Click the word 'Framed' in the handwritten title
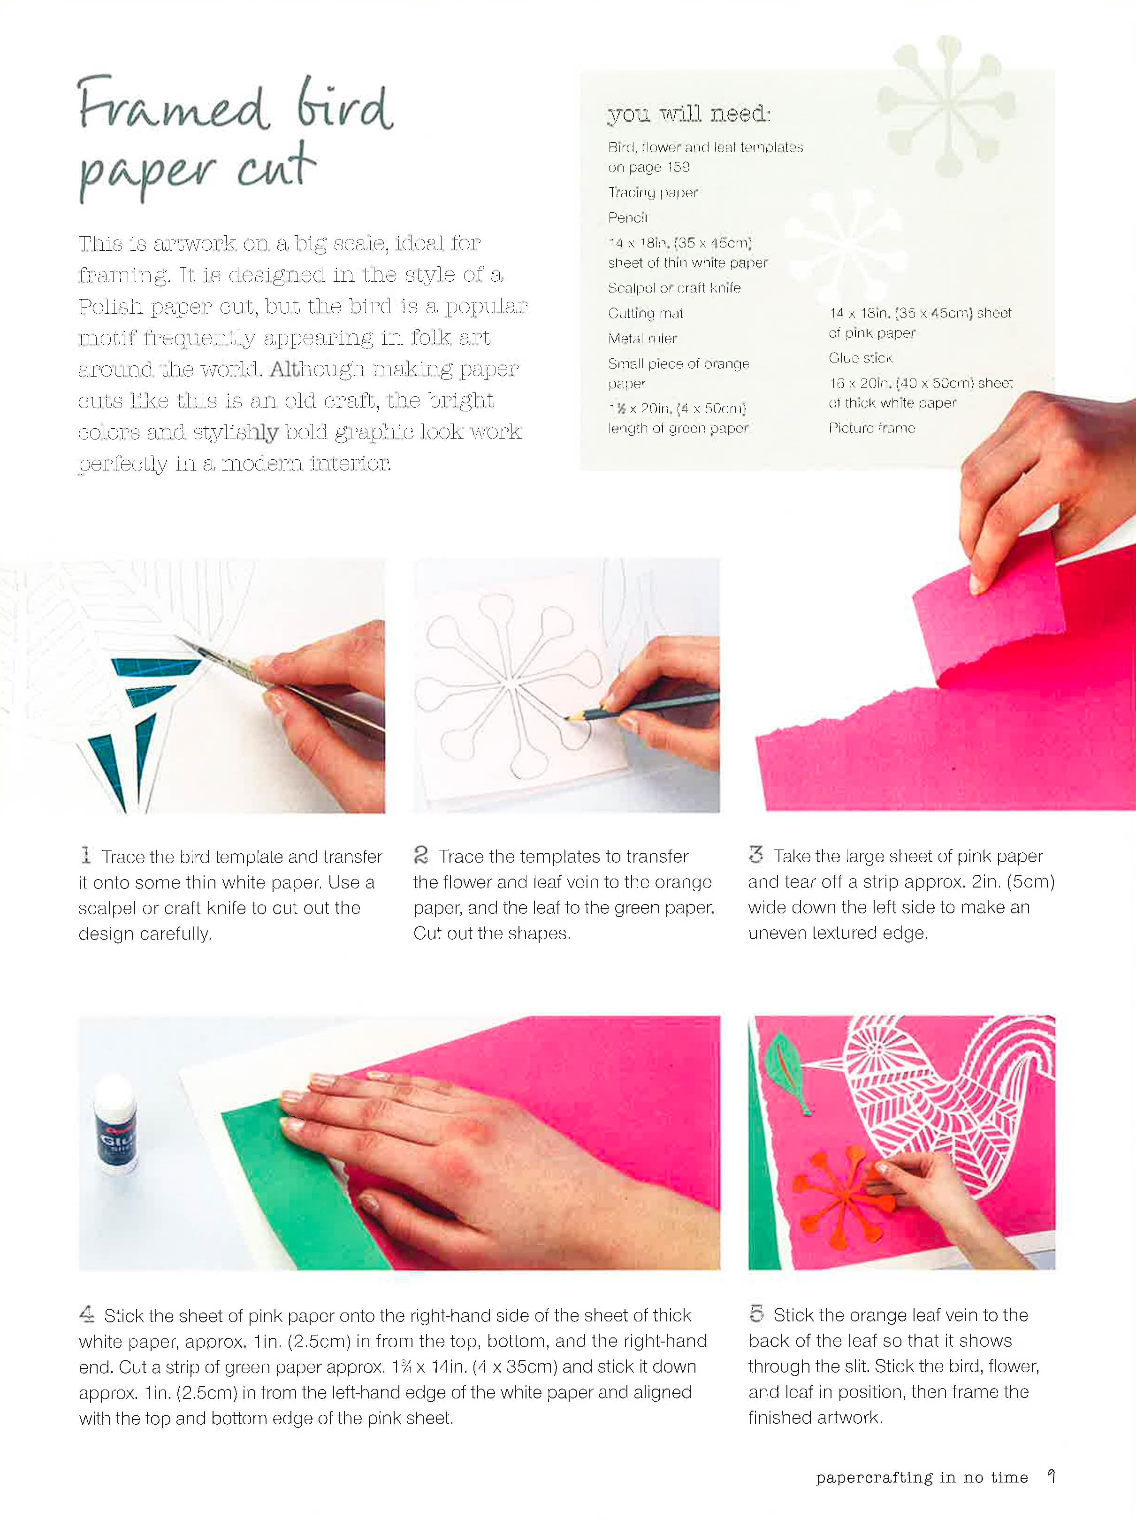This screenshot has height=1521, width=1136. coord(173,105)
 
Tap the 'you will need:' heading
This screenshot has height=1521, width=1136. coord(689,114)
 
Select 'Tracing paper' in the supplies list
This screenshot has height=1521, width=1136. coord(653,193)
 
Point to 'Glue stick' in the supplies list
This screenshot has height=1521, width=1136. coord(861,357)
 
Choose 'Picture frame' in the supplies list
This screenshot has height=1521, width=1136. coord(871,428)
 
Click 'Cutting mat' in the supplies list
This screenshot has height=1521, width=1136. coord(645,314)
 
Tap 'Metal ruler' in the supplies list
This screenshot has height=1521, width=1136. coord(642,338)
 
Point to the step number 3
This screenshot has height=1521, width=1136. coord(756,855)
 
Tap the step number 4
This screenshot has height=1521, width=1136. coord(87,1314)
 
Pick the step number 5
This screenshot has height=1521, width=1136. coord(756,1313)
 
